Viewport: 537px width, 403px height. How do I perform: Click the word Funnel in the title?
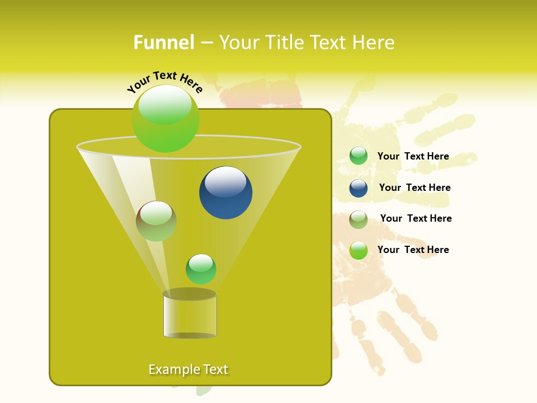[163, 43]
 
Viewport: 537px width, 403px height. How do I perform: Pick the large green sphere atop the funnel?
[166, 118]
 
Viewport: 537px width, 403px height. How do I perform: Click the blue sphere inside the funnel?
[225, 193]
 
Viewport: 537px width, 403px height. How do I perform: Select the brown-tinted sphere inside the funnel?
[156, 221]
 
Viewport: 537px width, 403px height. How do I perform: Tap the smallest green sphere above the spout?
[201, 269]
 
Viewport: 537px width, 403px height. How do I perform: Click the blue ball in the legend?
[359, 188]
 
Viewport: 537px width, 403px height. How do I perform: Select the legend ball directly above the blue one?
[359, 156]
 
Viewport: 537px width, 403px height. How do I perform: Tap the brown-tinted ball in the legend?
[359, 219]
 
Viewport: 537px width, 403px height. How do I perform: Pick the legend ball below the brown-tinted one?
[359, 250]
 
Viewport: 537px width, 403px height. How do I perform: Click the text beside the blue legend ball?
[414, 188]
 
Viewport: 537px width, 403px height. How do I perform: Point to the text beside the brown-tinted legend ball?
[416, 218]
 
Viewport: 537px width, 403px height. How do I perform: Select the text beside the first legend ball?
[413, 156]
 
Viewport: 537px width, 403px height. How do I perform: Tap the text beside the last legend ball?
[413, 250]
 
